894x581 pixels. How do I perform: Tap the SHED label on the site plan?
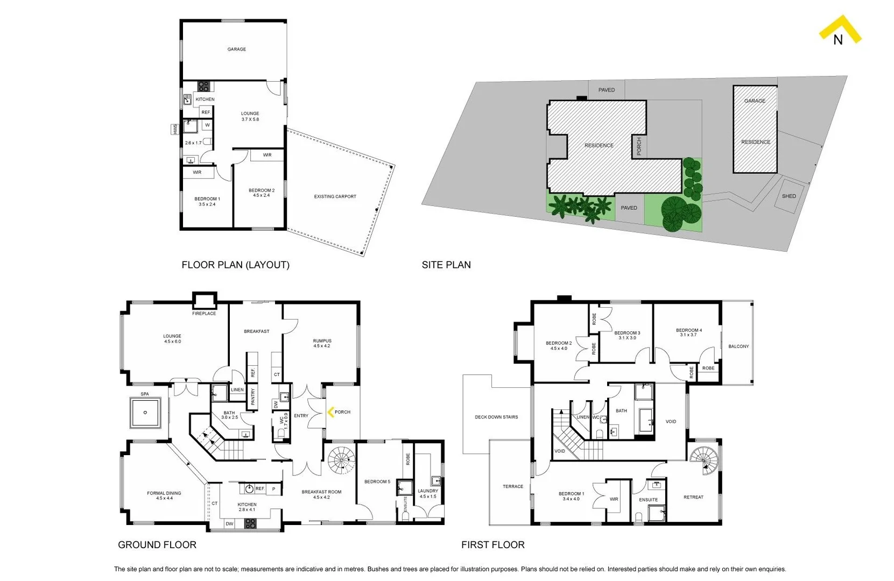click(789, 196)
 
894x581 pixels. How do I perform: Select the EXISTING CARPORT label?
click(335, 197)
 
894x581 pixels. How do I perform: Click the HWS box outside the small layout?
click(175, 129)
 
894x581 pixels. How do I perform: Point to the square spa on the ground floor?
click(145, 413)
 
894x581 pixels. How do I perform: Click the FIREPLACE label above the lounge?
click(204, 314)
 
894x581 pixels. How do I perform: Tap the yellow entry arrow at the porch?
click(331, 412)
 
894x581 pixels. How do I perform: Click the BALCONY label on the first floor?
click(738, 346)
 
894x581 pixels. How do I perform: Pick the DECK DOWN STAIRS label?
click(496, 417)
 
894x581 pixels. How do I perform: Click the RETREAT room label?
click(693, 497)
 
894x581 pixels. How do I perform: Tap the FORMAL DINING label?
click(164, 493)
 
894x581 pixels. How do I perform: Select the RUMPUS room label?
click(322, 341)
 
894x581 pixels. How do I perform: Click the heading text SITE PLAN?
click(446, 265)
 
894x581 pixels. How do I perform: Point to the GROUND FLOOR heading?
click(157, 544)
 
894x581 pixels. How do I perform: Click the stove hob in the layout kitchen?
click(203, 86)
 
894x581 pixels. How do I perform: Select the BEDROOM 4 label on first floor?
click(688, 330)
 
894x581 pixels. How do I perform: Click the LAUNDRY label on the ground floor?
click(428, 491)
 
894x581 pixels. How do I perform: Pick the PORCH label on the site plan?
click(639, 146)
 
